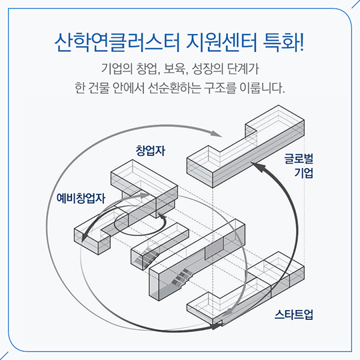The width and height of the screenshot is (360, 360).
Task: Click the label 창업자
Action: point(151,151)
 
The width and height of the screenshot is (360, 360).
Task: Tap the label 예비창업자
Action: point(81,198)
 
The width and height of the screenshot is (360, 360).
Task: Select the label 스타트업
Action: point(294,314)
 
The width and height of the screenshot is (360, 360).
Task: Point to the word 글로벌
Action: point(299,159)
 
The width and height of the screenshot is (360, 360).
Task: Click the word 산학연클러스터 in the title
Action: point(117,43)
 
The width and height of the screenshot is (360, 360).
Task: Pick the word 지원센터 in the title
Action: point(221,43)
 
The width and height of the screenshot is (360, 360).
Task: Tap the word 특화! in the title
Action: point(284,43)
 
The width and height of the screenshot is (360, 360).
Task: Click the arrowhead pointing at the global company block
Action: point(257,167)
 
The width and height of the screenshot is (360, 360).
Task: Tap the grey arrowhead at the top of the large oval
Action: point(216,134)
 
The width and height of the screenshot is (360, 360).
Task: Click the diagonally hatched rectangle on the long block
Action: point(214,249)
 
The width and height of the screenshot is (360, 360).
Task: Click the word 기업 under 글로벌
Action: point(304,173)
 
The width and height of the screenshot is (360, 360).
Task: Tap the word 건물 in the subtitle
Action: point(98,88)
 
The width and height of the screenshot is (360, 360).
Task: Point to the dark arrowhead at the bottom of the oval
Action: point(216,325)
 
